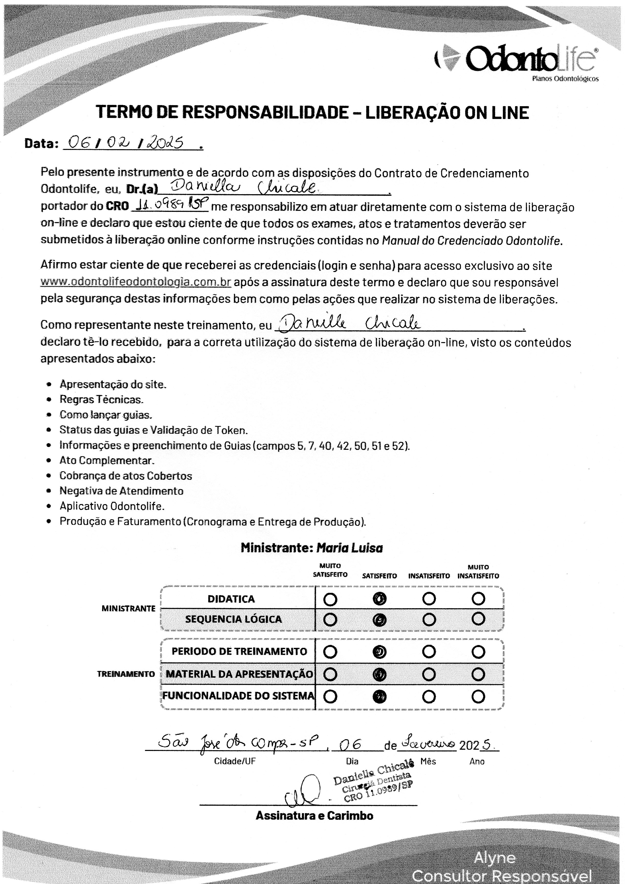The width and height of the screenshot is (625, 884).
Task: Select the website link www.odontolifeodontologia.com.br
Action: pos(136,282)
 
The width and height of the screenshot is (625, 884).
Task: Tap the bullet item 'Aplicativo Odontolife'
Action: pos(112,506)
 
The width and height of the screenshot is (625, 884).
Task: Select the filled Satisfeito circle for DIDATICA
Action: pos(379,599)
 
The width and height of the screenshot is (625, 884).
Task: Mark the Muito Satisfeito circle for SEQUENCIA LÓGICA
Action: pos(330,619)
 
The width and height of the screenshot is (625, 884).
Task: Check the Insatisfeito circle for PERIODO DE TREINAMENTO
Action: pos(429,652)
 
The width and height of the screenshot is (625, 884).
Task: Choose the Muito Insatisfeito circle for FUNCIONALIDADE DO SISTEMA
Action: pos(478,696)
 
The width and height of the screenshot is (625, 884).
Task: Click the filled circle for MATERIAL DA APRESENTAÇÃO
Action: pos(379,674)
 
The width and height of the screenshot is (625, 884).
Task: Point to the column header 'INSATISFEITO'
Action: pos(429,576)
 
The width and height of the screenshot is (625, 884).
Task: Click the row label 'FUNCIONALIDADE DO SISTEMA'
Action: pos(238,696)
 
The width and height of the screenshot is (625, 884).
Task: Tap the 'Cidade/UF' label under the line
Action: pos(235,761)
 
